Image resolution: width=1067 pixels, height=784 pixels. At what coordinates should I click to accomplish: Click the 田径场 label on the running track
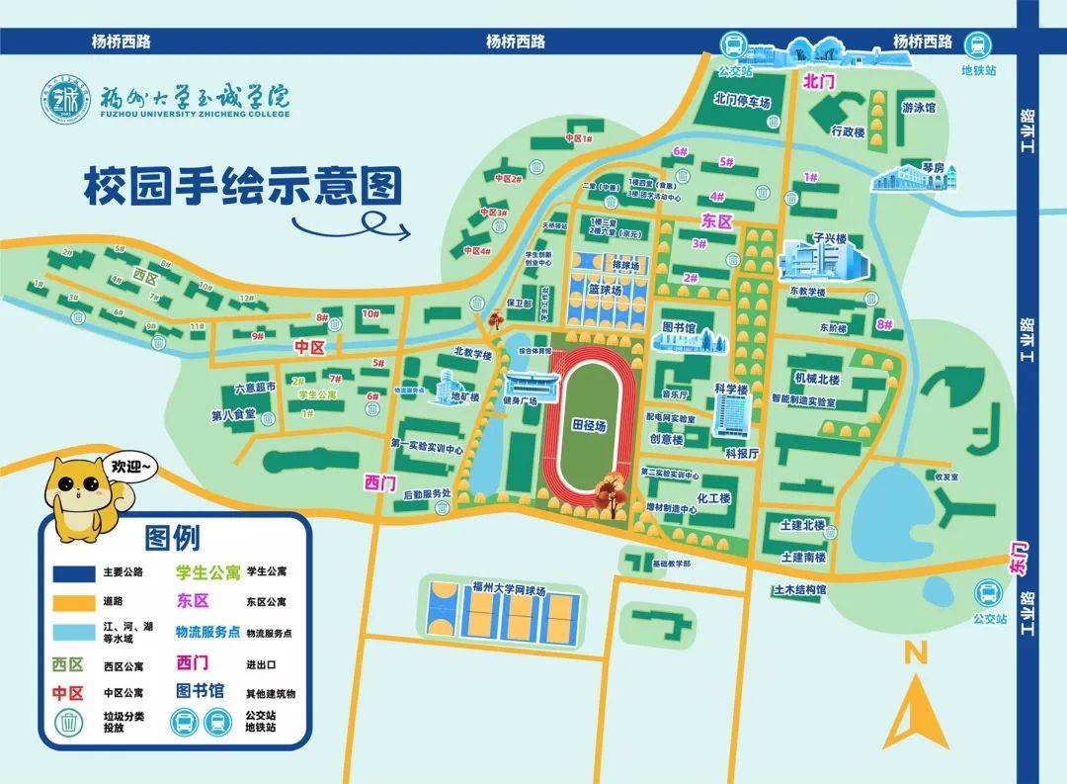(588, 424)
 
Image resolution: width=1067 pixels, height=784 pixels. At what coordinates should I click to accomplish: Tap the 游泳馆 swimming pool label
(918, 108)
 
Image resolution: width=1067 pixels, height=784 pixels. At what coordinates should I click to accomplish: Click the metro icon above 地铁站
(978, 45)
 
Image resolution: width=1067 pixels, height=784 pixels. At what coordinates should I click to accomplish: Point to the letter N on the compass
(915, 652)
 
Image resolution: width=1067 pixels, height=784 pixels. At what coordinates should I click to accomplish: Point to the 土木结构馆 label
(800, 589)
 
